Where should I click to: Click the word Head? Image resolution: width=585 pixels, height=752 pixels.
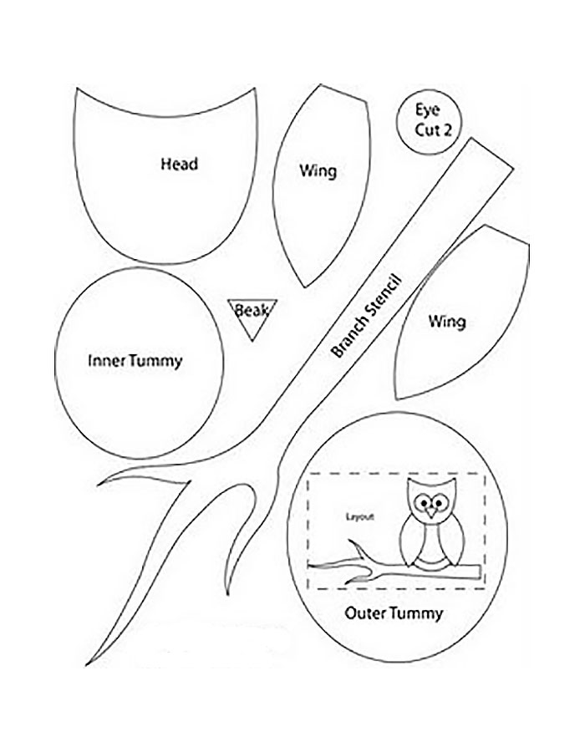pyautogui.click(x=179, y=164)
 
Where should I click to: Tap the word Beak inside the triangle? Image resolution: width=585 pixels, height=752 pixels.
pyautogui.click(x=251, y=311)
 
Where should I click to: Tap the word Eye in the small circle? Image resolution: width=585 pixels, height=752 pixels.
pyautogui.click(x=427, y=109)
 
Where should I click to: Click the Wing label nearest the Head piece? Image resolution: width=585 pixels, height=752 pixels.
pyautogui.click(x=318, y=171)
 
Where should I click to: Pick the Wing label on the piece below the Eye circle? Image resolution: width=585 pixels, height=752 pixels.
pyautogui.click(x=447, y=321)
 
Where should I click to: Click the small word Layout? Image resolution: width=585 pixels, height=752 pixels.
pyautogui.click(x=360, y=516)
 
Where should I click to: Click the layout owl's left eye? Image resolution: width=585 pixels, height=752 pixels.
pyautogui.click(x=424, y=502)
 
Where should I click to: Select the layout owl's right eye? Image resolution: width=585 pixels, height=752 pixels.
pyautogui.click(x=439, y=502)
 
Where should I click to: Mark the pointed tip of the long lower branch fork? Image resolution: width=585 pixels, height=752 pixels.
pyautogui.click(x=88, y=663)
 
